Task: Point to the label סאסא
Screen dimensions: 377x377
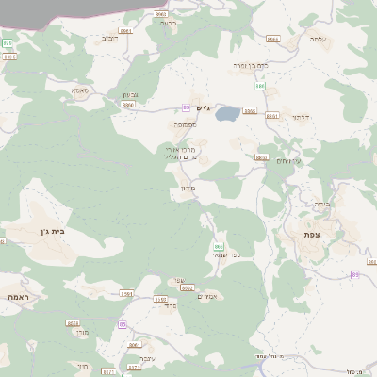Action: tap(79, 90)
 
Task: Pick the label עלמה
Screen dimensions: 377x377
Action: tap(316, 40)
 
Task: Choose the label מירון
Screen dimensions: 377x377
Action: tap(186, 188)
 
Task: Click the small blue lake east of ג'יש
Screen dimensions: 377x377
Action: tap(227, 115)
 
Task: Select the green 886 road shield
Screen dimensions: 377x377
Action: tap(256, 86)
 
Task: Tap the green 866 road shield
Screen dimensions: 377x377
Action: tap(217, 246)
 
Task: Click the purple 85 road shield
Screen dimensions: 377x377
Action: tap(354, 274)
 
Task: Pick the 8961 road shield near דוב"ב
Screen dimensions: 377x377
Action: tap(158, 15)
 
